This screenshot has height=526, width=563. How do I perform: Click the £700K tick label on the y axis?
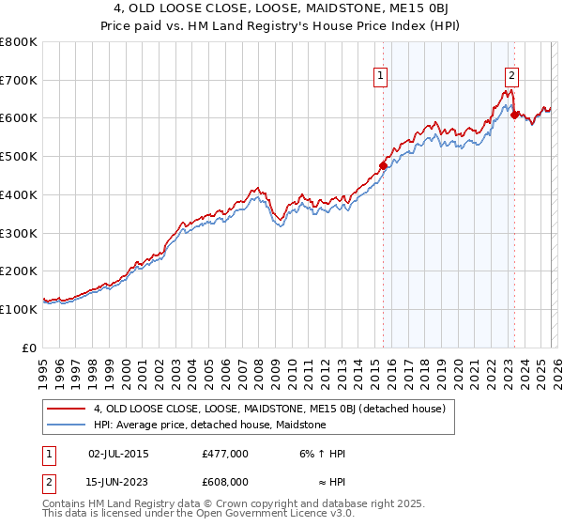point(19,80)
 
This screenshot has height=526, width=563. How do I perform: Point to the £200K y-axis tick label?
point(19,271)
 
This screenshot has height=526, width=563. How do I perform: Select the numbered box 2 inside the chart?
point(512,78)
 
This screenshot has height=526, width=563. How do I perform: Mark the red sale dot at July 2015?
point(383,166)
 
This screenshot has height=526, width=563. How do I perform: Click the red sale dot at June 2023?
point(514,116)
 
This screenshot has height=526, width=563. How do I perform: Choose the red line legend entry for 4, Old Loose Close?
point(274,409)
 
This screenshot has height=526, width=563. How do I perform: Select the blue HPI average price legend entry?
point(209,425)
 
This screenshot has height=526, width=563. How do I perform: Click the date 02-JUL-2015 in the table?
point(118,454)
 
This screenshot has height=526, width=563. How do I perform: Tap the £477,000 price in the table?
point(225,454)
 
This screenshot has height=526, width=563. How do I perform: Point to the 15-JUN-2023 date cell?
point(118,481)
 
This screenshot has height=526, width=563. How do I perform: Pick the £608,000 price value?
point(225,481)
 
